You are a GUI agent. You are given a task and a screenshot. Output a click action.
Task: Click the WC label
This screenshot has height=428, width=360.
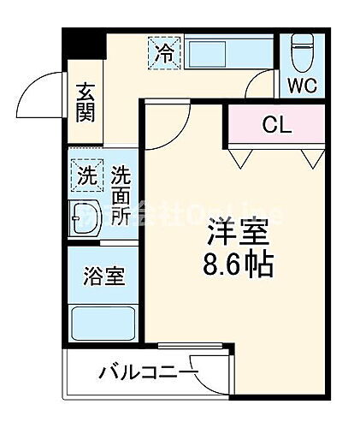click(301, 86)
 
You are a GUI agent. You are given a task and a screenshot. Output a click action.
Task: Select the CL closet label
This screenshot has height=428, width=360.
click(276, 127)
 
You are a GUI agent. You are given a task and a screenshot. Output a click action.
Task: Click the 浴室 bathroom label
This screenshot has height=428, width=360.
click(104, 276)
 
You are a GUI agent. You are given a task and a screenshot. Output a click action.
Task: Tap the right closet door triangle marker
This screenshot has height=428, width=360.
click(313, 158)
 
